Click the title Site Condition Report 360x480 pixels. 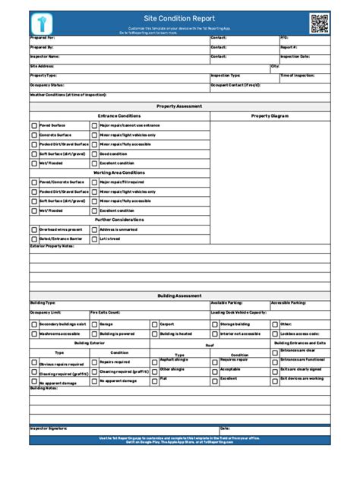pos(179,18)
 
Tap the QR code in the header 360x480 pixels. pos(319,24)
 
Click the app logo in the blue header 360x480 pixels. pos(41,24)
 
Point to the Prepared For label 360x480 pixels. pos(43,37)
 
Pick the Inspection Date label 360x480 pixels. pos(295,56)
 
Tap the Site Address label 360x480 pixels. pos(42,66)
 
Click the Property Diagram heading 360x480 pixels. pos(270,115)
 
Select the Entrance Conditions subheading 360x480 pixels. pos(118,115)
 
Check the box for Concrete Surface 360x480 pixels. pos(34,134)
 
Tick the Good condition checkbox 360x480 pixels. pos(94,153)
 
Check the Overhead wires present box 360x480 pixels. pos(34,229)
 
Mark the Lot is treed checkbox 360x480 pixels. pos(94,238)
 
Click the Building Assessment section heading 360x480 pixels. pos(179,295)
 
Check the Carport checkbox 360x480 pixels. pos(154,323)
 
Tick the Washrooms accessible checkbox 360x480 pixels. pos(34,333)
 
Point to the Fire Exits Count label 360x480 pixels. pos(105,312)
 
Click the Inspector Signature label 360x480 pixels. pos(49,428)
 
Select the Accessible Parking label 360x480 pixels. pos(288,302)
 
